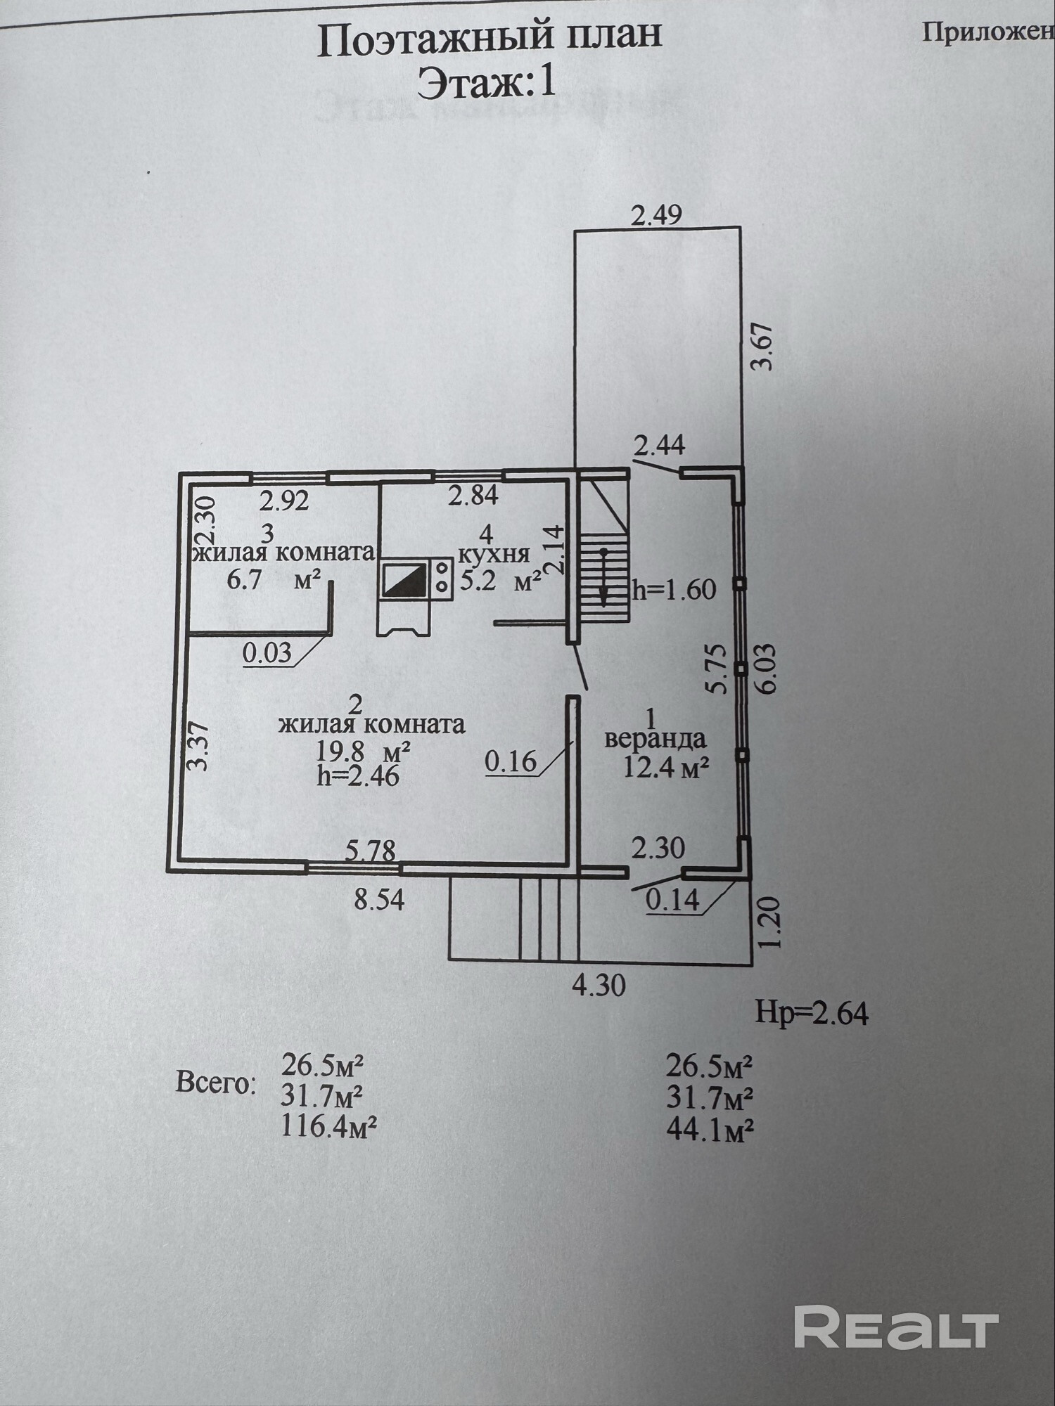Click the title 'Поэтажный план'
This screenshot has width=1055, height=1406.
(x=490, y=41)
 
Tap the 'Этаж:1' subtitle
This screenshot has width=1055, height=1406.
(x=487, y=83)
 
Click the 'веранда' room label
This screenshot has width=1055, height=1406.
(x=656, y=739)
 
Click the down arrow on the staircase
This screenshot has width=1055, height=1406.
(x=603, y=576)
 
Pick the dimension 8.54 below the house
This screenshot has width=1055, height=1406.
(x=379, y=901)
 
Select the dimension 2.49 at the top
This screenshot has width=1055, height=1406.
(x=656, y=215)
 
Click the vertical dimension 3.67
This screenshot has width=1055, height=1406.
(x=762, y=346)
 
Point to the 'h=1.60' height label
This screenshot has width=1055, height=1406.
(x=674, y=589)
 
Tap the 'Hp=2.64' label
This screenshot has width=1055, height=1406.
(x=812, y=1013)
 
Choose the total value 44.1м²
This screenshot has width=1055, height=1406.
(x=710, y=1130)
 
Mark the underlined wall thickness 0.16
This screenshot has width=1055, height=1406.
(x=511, y=761)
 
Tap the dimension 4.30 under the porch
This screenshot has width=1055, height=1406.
(x=599, y=986)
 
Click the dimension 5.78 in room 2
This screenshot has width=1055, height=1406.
(x=371, y=851)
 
